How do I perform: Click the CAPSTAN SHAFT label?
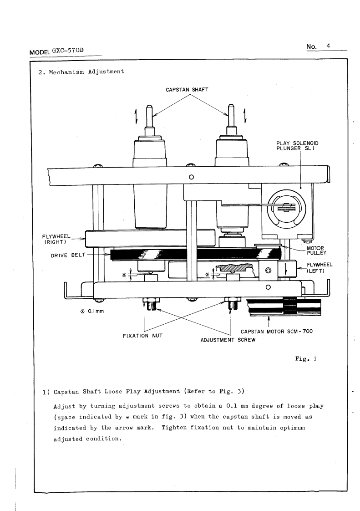coord(187,89)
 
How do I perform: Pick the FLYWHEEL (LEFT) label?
coord(313,267)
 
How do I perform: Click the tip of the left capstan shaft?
coord(148,107)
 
